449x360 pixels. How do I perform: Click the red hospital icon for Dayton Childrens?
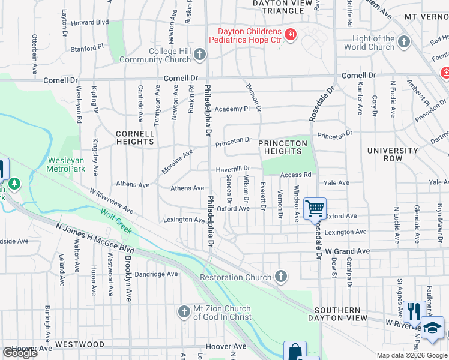tap(291, 35)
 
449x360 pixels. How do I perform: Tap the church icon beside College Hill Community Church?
tap(200, 55)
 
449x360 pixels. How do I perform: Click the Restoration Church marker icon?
tap(280, 277)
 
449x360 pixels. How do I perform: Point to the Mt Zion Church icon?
tap(184, 311)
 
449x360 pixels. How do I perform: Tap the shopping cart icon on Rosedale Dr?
tap(315, 209)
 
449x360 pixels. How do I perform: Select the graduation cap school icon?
tap(432, 328)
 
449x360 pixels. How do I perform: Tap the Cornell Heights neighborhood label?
tap(135, 137)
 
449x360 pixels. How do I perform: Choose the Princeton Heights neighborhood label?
tap(283, 147)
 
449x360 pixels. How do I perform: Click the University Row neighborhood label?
tap(393, 154)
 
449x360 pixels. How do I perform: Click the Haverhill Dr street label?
tap(233, 169)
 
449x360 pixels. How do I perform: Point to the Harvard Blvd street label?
tap(89, 23)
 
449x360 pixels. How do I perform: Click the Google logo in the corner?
tap(20, 352)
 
